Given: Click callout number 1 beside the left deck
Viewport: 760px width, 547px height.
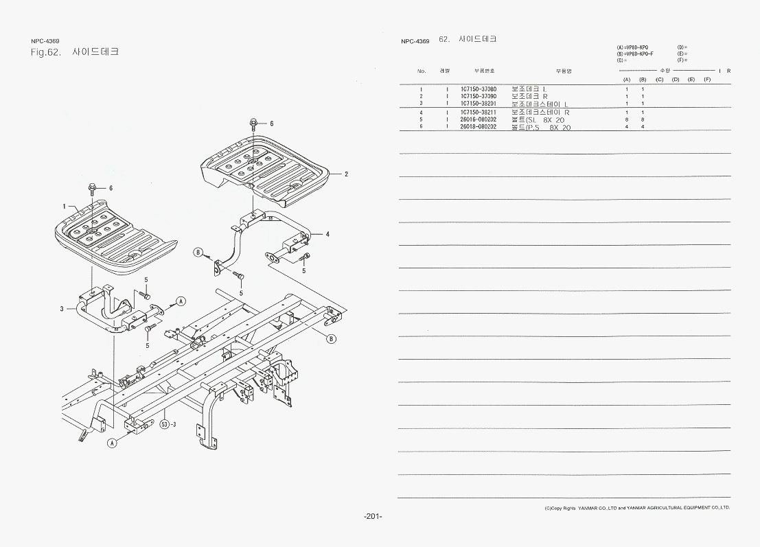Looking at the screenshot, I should pos(64,206).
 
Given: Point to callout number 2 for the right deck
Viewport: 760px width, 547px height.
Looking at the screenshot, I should pos(346,174).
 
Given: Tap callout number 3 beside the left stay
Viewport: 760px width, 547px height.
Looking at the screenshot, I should pos(61,309).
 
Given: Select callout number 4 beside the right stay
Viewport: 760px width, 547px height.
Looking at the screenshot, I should pos(327,234).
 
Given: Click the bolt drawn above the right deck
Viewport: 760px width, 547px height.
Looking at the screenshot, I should pos(253,124).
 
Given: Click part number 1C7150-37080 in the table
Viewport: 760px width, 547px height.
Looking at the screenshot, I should pos(478,89).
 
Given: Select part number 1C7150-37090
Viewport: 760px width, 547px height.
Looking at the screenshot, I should pos(478,97).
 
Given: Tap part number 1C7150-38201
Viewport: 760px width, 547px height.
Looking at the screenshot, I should pos(478,104).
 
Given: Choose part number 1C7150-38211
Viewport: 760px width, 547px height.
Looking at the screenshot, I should pos(478,112).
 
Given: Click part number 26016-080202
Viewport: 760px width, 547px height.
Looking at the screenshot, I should pos(478,119).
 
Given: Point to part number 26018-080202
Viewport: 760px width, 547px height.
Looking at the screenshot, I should pos(478,127).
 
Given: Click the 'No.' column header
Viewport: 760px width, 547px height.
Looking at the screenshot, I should pos(422,71).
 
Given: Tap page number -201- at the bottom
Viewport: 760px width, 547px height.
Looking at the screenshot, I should pos(373,516).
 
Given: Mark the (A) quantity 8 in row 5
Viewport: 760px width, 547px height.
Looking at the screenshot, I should pos(627,119).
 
